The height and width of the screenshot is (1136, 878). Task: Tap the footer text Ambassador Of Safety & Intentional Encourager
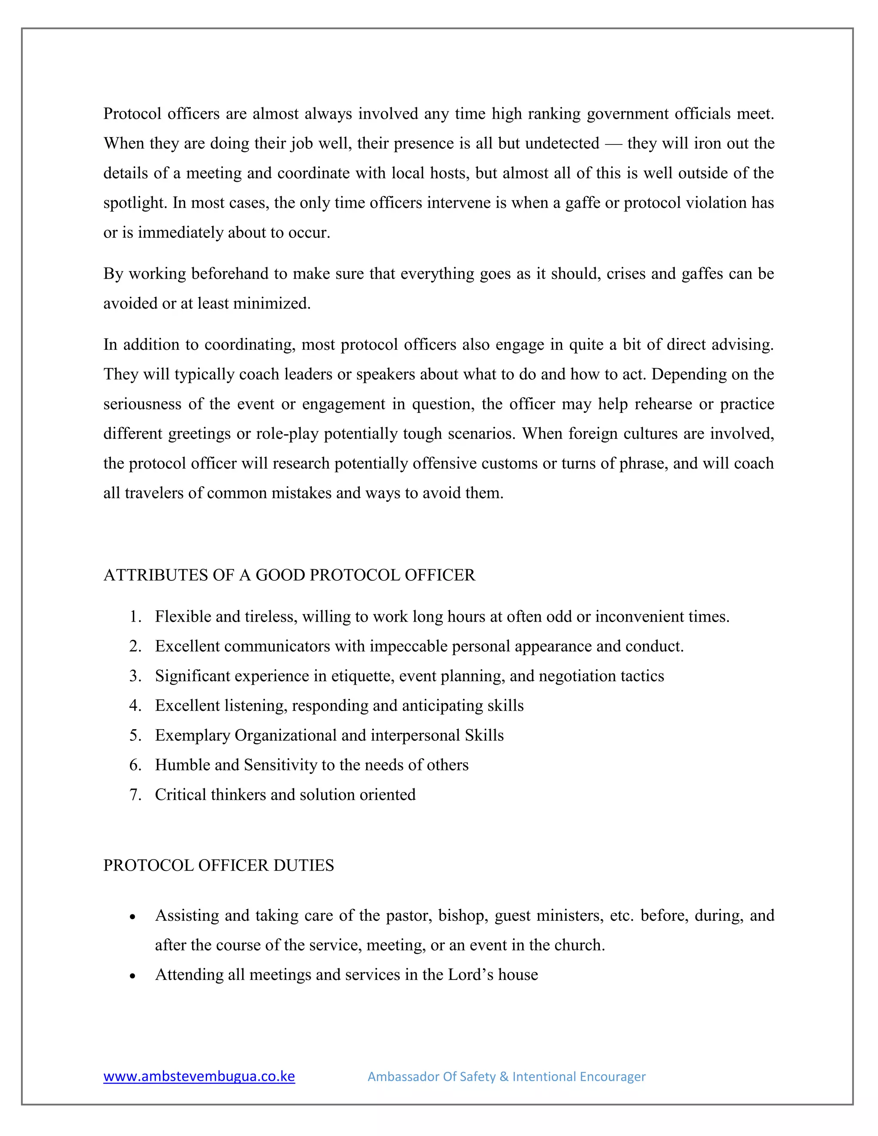506,1077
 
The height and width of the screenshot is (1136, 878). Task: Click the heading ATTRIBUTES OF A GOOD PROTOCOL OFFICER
289,575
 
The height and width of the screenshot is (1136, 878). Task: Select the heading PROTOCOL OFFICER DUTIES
219,866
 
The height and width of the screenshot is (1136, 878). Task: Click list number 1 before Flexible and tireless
135,616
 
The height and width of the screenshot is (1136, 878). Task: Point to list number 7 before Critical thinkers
135,795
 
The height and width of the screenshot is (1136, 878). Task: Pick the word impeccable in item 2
403,646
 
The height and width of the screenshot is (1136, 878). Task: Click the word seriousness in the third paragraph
142,404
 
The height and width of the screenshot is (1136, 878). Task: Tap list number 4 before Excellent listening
135,706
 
